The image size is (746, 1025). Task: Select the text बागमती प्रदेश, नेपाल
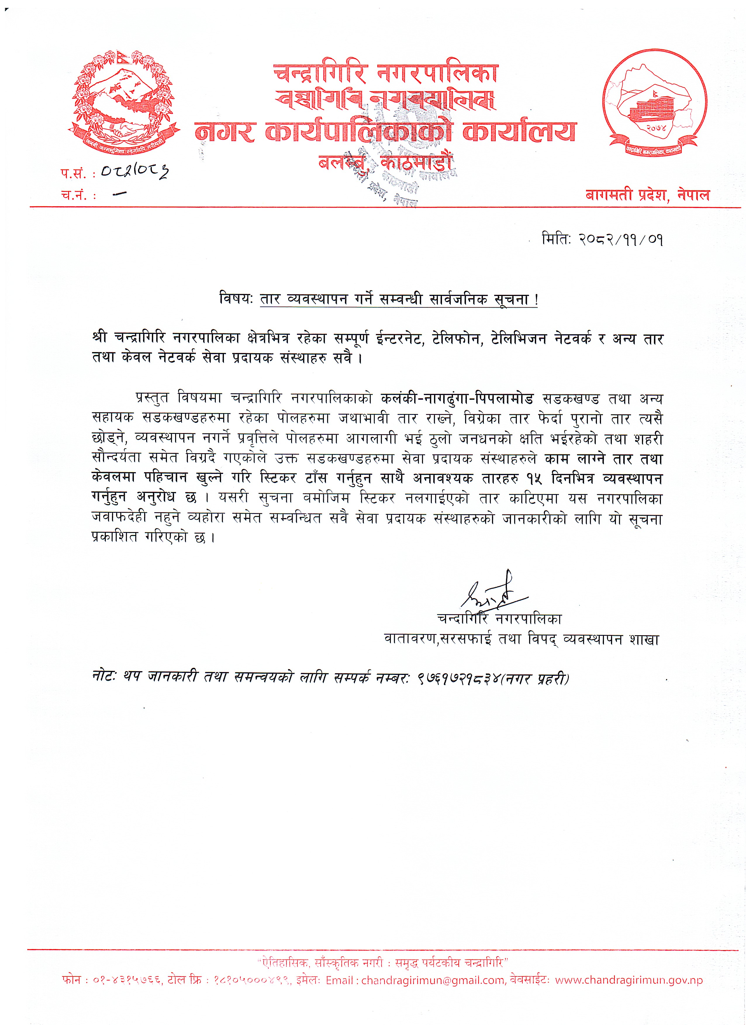[x=647, y=195]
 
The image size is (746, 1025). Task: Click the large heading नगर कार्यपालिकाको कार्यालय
[x=385, y=132]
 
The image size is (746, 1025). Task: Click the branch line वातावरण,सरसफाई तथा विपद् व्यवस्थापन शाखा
[x=521, y=640]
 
